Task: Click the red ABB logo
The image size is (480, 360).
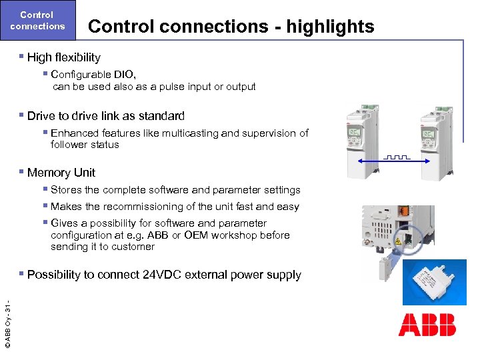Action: (427, 325)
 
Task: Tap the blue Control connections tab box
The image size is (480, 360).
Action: (38, 21)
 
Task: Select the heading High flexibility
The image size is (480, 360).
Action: (63, 57)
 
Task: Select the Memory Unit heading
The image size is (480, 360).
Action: (61, 173)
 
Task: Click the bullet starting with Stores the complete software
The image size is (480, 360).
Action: (175, 190)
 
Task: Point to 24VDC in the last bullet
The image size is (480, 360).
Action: (165, 275)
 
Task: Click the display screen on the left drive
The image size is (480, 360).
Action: (354, 136)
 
